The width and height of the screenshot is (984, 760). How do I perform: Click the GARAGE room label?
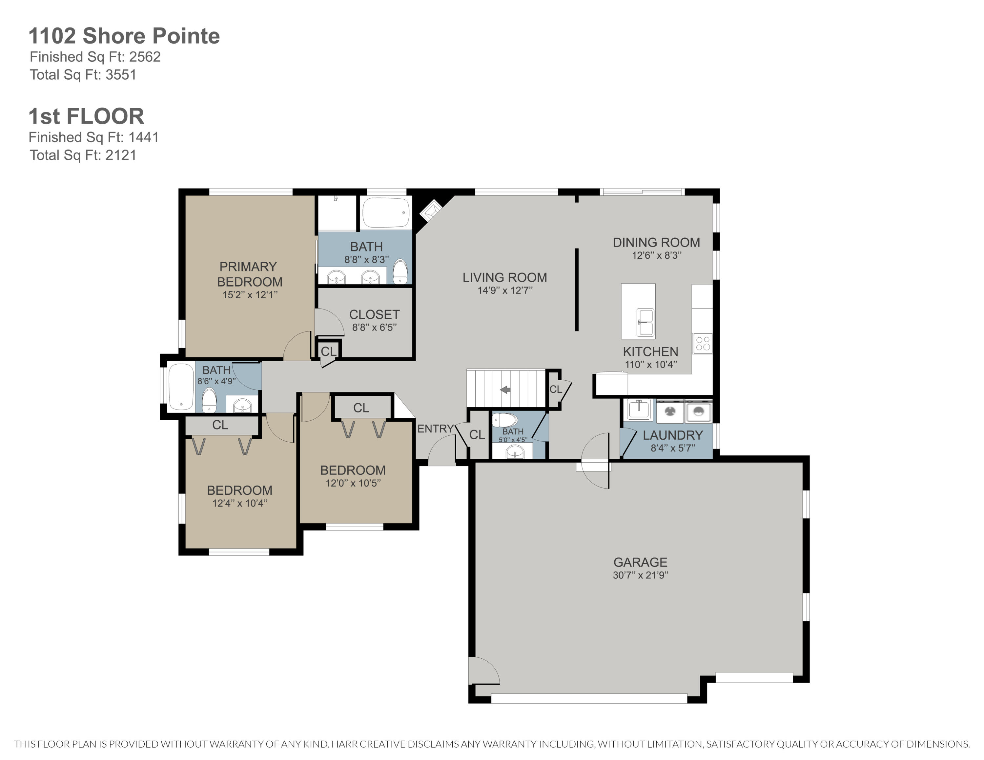point(640,562)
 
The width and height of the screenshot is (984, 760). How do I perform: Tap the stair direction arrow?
point(505,390)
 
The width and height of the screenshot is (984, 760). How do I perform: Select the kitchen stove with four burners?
point(702,344)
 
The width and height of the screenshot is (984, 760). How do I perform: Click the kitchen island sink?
point(645,322)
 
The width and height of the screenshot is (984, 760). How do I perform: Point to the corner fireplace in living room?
point(431,210)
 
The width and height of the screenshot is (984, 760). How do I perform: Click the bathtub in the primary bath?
point(386,212)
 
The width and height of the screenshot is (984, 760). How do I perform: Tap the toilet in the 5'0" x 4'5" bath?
point(504,420)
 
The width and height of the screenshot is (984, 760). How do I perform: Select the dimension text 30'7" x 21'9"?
point(640,575)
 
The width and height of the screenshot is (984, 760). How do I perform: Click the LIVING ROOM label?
point(504,277)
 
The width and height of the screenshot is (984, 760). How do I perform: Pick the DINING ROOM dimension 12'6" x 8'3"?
point(656,255)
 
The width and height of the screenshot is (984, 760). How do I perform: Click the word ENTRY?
point(435,429)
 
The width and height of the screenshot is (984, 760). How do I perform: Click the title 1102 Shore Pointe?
point(124,36)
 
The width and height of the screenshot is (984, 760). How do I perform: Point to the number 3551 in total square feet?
point(121,75)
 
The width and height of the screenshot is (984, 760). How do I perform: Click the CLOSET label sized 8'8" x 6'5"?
point(374,314)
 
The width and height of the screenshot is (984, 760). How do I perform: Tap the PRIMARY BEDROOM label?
point(249,274)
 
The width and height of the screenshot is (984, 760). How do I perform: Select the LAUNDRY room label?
point(672,435)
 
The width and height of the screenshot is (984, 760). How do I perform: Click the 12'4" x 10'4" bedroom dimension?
point(240,503)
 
